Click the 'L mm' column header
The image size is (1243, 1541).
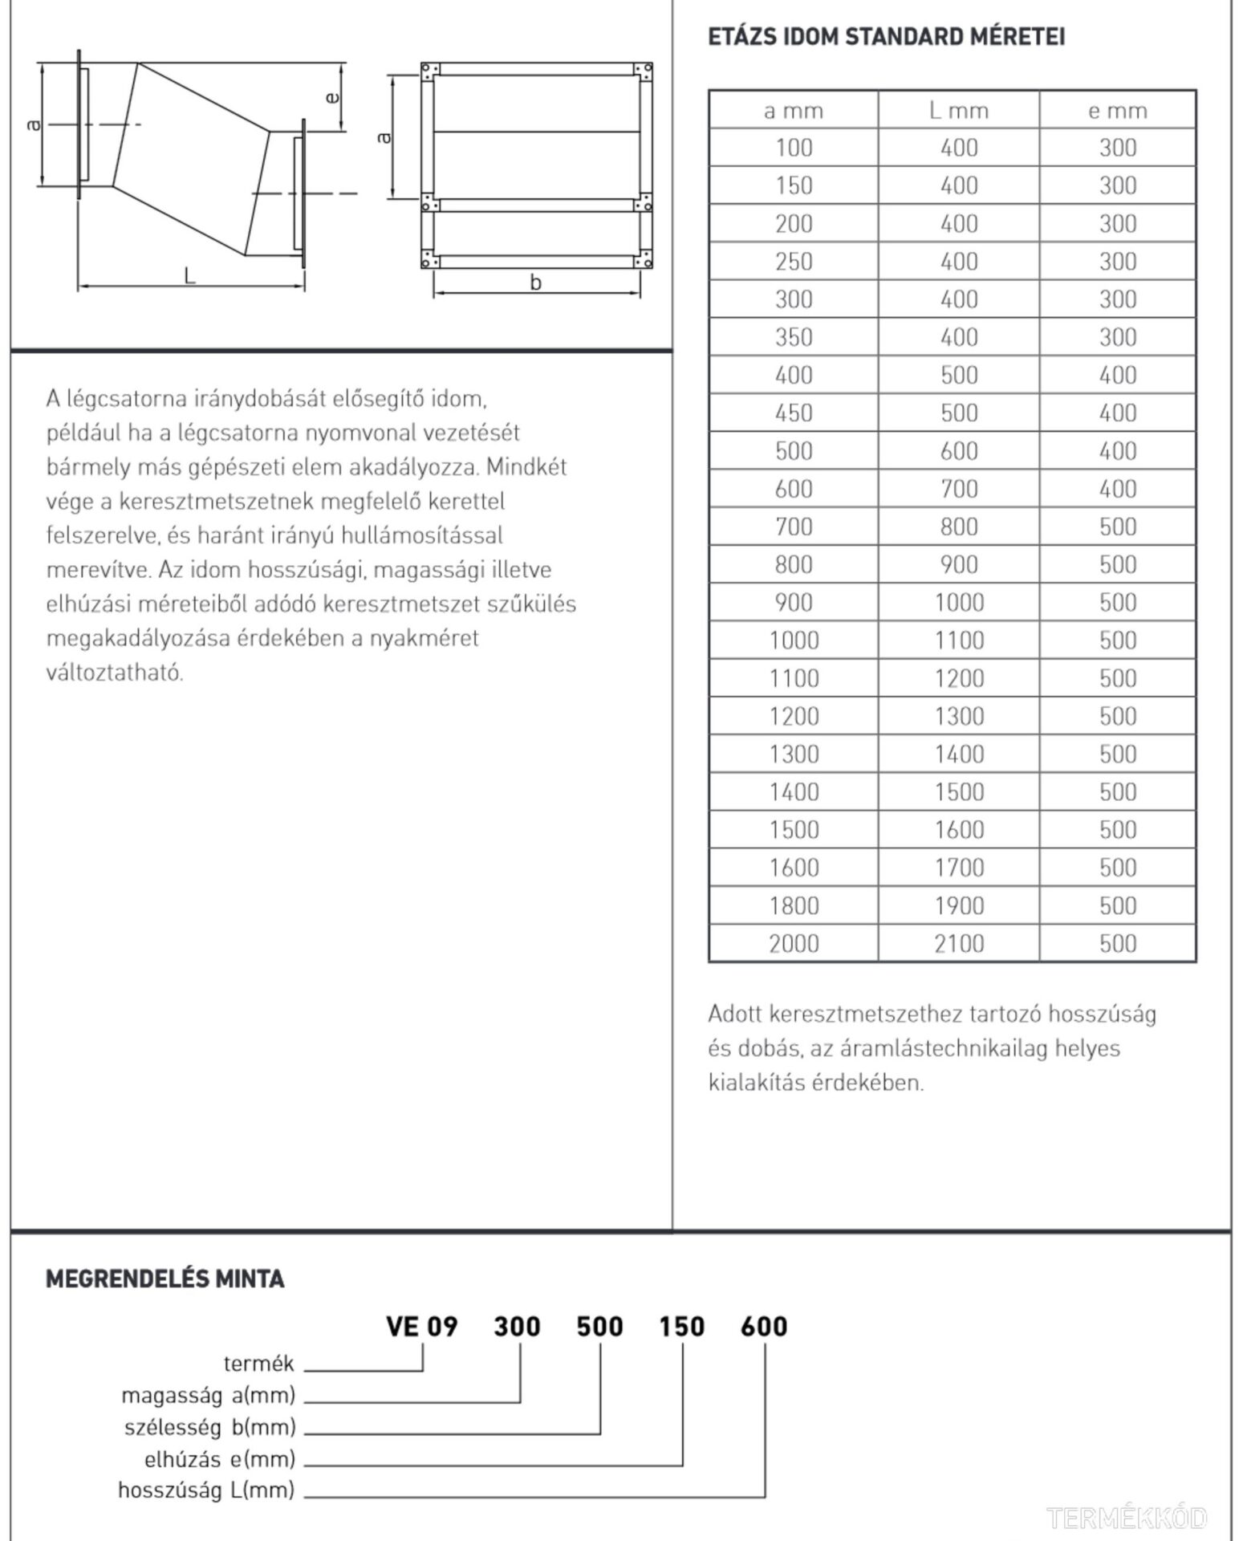958,111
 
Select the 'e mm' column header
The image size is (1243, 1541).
1117,111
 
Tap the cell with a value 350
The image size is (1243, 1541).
794,337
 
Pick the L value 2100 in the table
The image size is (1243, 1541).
958,943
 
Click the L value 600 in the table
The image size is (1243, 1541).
958,451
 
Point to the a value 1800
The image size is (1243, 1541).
794,905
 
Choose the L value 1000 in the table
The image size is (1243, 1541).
958,603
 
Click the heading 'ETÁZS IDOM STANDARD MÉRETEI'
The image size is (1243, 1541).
886,37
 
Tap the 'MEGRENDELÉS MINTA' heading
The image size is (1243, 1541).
165,1279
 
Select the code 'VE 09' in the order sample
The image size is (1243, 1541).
421,1327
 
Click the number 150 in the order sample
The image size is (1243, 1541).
681,1327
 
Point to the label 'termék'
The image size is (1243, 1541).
258,1364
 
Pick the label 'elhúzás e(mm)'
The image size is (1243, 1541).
219,1458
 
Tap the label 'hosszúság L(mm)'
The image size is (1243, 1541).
206,1490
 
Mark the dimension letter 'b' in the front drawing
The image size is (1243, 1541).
535,283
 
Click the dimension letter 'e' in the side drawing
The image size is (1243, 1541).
331,98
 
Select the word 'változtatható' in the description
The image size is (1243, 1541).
115,673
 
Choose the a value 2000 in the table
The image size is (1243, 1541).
794,943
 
